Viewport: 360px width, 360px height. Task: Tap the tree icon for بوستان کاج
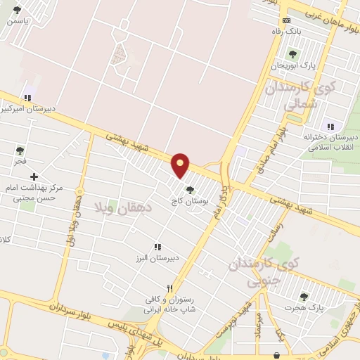point(190,188)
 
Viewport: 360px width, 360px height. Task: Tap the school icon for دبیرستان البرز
point(157,247)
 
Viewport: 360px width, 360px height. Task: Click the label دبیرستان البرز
point(158,257)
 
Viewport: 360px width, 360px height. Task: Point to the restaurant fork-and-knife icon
point(169,288)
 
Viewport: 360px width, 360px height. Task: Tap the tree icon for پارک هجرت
point(304,297)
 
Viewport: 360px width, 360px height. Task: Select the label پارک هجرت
point(304,308)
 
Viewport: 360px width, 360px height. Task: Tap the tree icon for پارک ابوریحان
point(292,54)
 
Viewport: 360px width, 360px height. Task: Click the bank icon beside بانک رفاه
point(285,20)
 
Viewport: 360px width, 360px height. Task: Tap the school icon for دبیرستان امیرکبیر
point(28,98)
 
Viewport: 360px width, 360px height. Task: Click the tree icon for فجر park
point(20,150)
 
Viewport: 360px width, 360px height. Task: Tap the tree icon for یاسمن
point(17,10)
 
